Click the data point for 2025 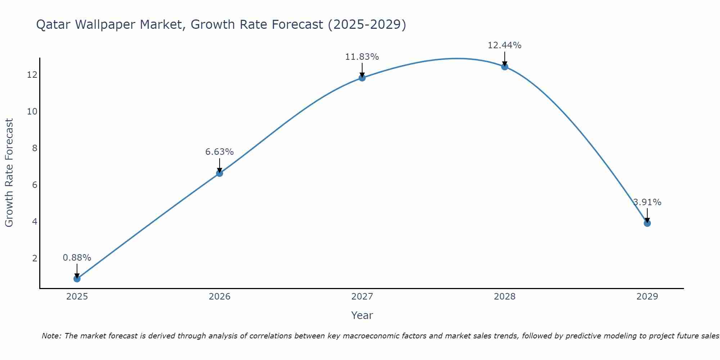click(77, 279)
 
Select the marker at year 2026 click(219, 173)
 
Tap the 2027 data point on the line click(362, 78)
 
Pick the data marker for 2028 click(504, 67)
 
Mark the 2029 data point click(647, 223)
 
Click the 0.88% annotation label click(77, 258)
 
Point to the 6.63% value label click(219, 152)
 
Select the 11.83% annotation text click(362, 57)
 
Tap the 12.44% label click(504, 45)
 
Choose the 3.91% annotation click(647, 202)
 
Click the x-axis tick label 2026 click(219, 297)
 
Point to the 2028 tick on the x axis click(504, 297)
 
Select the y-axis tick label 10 click(32, 112)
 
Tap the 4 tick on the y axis click(35, 221)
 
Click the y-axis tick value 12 click(32, 75)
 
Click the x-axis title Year click(362, 315)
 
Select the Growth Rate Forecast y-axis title click(9, 173)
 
